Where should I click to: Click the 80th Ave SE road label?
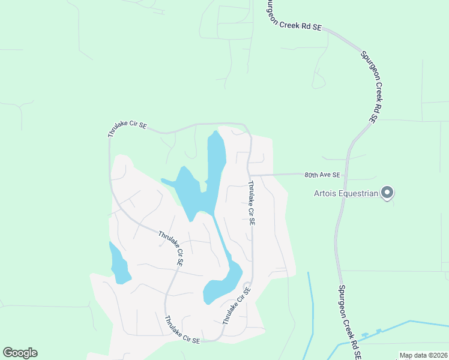pyautogui.click(x=322, y=175)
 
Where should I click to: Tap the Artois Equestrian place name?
pyautogui.click(x=346, y=193)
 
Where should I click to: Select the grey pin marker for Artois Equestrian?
pyautogui.click(x=387, y=193)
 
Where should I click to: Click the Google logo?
pyautogui.click(x=20, y=353)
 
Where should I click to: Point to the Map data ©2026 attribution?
pyautogui.click(x=423, y=355)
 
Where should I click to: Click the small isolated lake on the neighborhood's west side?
pyautogui.click(x=118, y=263)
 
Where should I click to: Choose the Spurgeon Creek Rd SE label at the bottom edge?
pyautogui.click(x=349, y=322)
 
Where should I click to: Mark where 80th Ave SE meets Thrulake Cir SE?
pyautogui.click(x=250, y=175)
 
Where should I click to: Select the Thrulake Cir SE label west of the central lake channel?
pyautogui.click(x=170, y=248)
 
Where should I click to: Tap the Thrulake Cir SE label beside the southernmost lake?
pyautogui.click(x=236, y=305)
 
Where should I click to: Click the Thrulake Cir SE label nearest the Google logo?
pyautogui.click(x=182, y=330)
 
